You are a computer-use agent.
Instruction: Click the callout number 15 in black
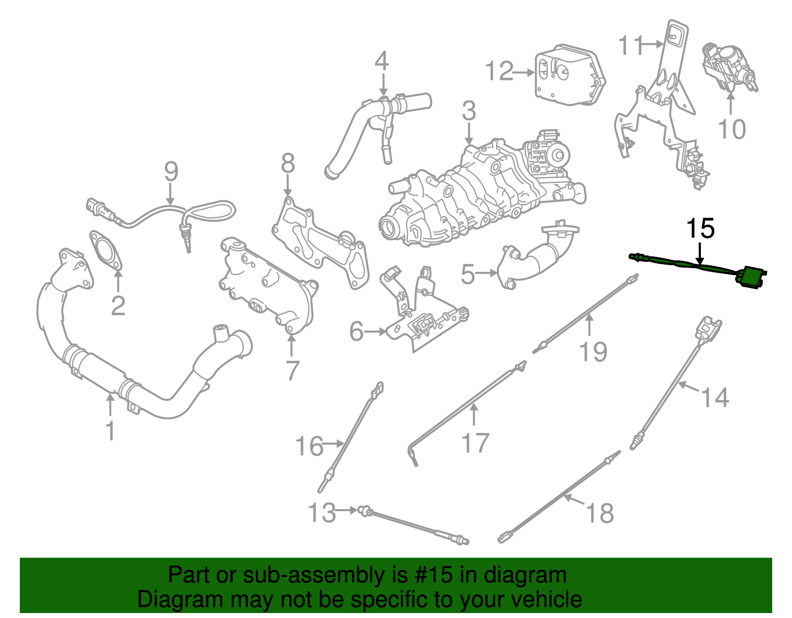coord(700,229)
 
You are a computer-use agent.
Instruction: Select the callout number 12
coord(499,71)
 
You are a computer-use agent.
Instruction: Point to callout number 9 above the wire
coord(171,172)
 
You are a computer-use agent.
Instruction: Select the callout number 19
coord(593,352)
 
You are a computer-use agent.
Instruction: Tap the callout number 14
coord(715,398)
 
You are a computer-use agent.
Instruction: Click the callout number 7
coord(293,370)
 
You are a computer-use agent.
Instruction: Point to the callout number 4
coord(381,61)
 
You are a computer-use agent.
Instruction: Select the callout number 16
coord(309,446)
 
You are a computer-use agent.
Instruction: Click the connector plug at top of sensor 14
coord(708,328)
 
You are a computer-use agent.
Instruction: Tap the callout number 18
coord(600,513)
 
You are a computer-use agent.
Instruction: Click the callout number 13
coord(322,513)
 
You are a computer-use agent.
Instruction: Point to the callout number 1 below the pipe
coord(110,431)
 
